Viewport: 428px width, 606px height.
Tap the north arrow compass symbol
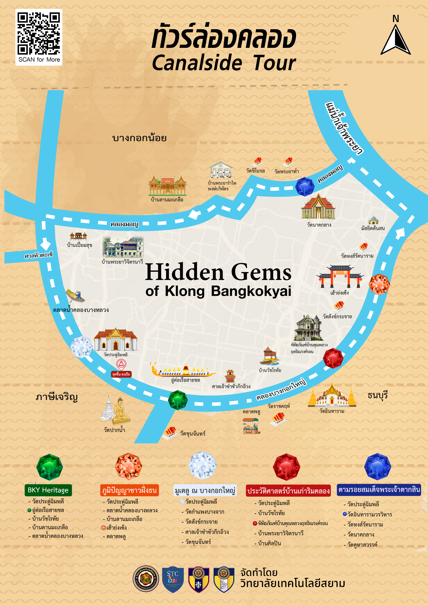pyautogui.click(x=395, y=40)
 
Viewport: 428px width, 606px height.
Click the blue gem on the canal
pyautogui.click(x=305, y=187)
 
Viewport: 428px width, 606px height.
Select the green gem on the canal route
pyautogui.click(x=178, y=400)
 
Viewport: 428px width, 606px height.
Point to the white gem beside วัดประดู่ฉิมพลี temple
pyautogui.click(x=81, y=347)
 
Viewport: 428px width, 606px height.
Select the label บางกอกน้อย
pyautogui.click(x=139, y=138)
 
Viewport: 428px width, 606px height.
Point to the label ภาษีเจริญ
pyautogui.click(x=57, y=397)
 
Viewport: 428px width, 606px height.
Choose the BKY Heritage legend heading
pyautogui.click(x=48, y=490)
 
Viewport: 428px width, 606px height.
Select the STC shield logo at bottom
pyautogui.click(x=173, y=579)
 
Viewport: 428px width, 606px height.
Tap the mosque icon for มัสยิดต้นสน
pyautogui.click(x=373, y=220)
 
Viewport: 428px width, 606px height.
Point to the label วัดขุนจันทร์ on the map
pyautogui.click(x=192, y=434)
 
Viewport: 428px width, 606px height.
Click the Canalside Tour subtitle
pyautogui.click(x=224, y=63)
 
